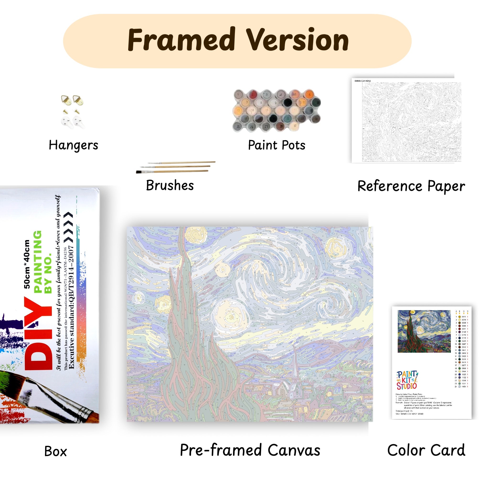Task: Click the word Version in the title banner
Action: tap(298, 40)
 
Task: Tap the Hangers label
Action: tap(73, 145)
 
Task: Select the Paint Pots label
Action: tap(277, 145)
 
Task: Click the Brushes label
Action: tap(170, 185)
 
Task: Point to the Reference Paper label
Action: tap(411, 186)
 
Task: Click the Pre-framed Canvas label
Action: tap(250, 450)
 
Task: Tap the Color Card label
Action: tap(426, 450)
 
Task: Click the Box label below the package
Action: tap(55, 452)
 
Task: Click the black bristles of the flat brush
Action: tap(139, 172)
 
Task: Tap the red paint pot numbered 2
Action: tap(252, 95)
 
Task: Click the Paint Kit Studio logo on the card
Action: tap(407, 380)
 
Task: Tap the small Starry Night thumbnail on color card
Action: tap(424, 331)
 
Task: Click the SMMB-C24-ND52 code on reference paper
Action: tap(362, 81)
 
